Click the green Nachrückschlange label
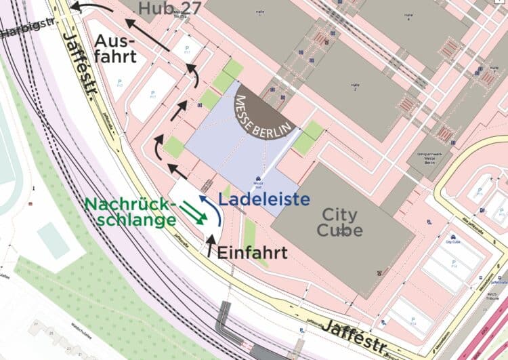pyautogui.click(x=130, y=212)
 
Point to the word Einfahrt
pyautogui.click(x=252, y=253)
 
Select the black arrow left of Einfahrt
pyautogui.click(x=209, y=245)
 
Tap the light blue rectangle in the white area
pyautogui.click(x=54, y=241)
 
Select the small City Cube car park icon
pyautogui.click(x=450, y=234)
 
